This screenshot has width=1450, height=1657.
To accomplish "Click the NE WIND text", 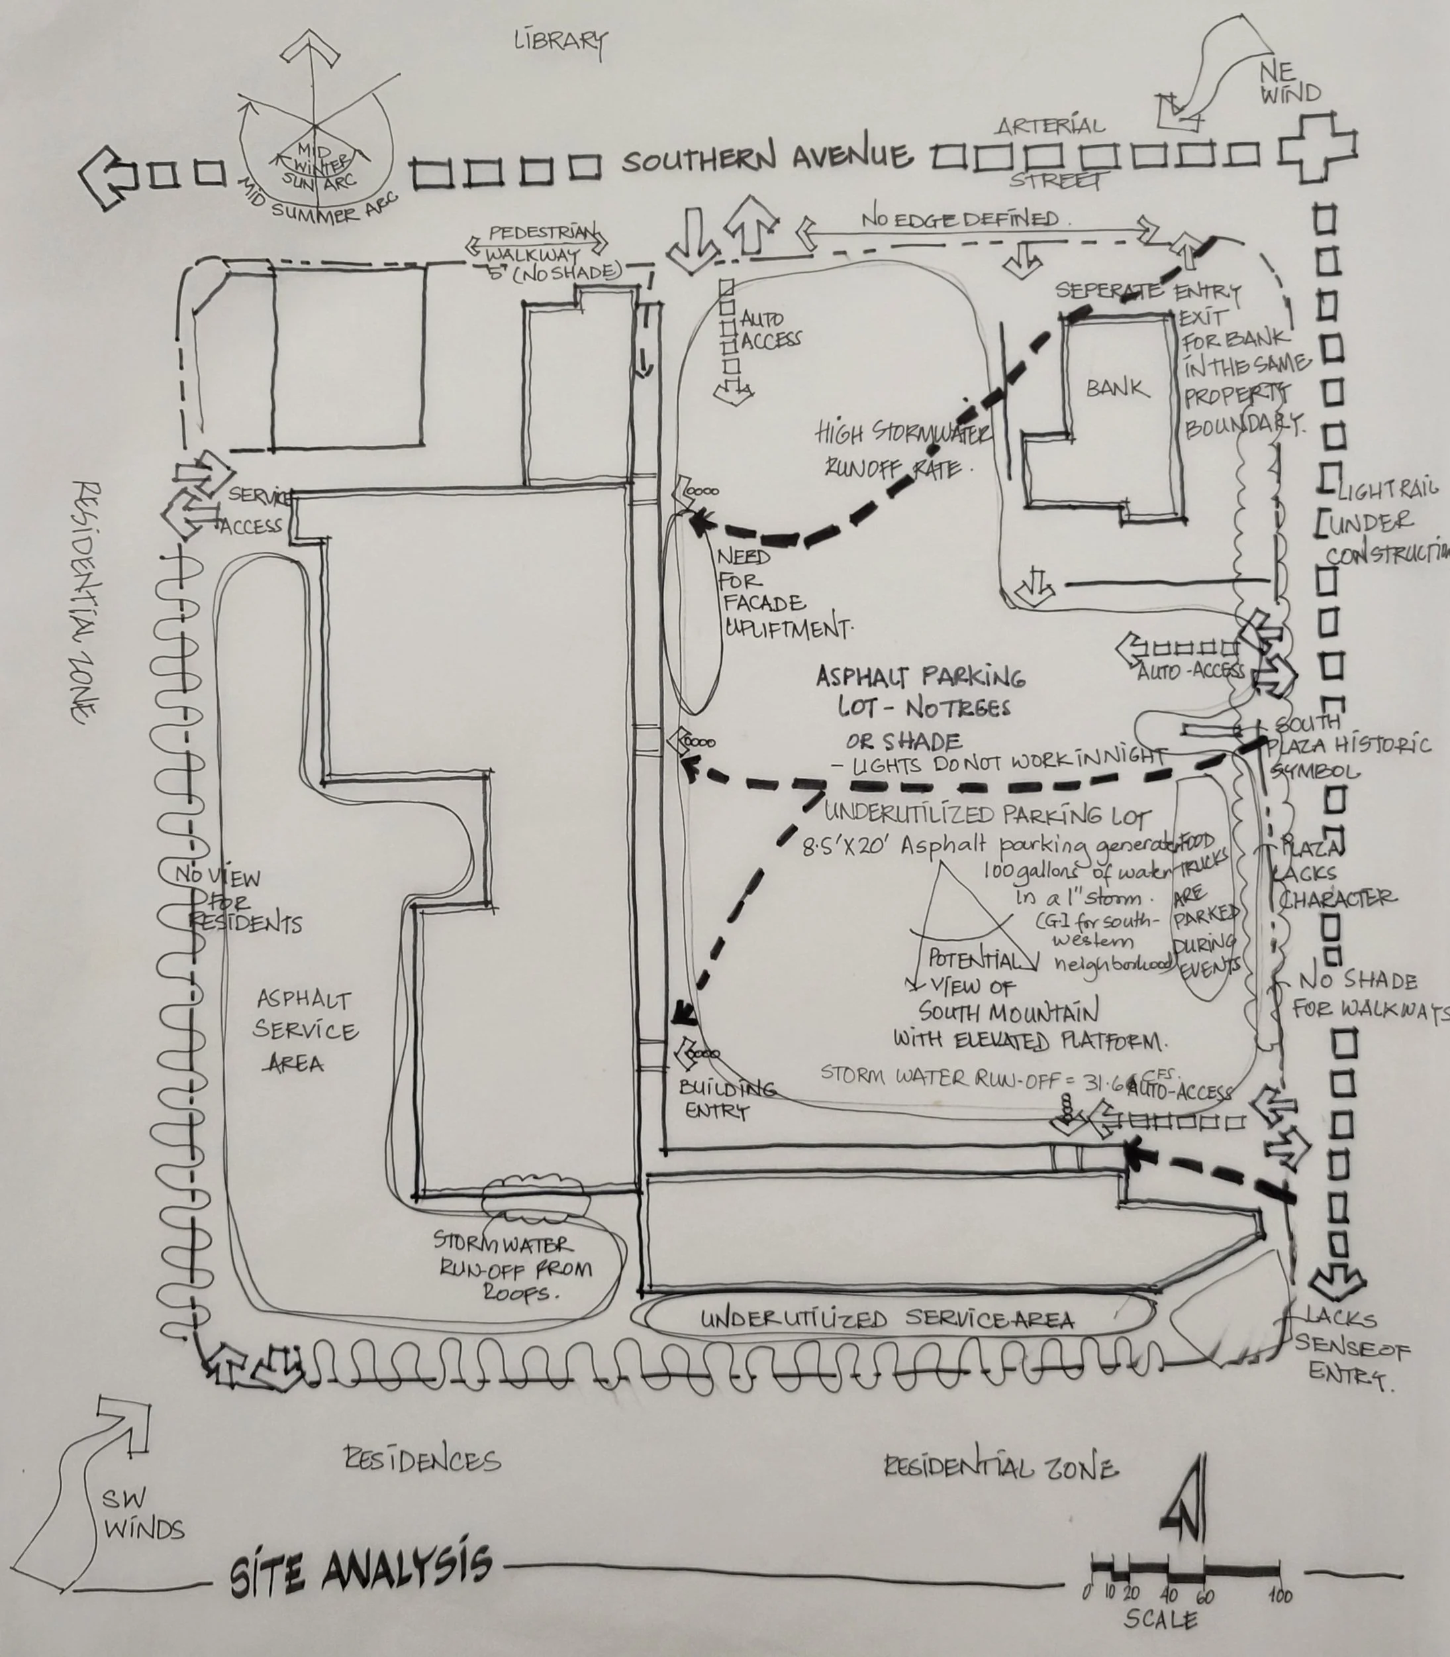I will coord(1290,83).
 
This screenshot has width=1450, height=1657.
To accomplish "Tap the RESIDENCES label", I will coord(422,1460).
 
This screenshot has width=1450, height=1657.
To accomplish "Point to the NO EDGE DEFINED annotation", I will coord(959,219).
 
